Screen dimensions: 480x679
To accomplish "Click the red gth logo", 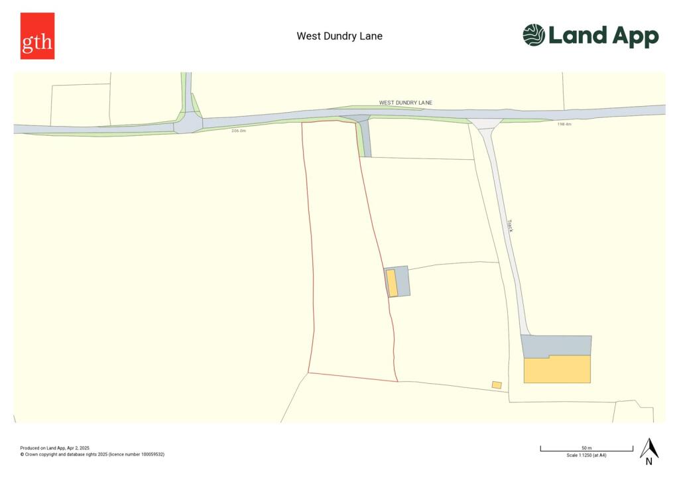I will (x=37, y=36).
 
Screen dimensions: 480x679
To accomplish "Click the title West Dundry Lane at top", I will (x=339, y=36).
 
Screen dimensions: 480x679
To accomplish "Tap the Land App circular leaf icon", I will (x=534, y=35).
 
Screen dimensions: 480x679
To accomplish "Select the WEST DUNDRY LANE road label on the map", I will (x=406, y=103).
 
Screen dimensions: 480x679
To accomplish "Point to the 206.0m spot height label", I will (x=239, y=131).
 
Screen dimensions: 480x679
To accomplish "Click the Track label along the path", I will (x=511, y=225).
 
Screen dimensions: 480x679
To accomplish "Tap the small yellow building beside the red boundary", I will (x=392, y=282).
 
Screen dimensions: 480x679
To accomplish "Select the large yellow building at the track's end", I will (x=557, y=369).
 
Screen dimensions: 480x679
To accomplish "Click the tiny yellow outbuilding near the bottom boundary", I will (x=497, y=385).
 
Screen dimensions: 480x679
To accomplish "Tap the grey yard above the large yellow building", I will (x=556, y=345).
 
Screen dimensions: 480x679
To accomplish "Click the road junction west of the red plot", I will (x=188, y=123).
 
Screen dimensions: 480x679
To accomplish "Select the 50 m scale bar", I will (x=586, y=450).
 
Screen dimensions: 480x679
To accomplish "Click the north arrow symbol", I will (x=649, y=450).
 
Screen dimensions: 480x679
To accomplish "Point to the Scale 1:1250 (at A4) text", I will (x=586, y=455).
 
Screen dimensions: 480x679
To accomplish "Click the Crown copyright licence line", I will (x=92, y=455).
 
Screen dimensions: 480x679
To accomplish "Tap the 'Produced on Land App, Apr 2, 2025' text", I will (x=54, y=448).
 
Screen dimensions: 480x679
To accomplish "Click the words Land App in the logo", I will (x=603, y=36).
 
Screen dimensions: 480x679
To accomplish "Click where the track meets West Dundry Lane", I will (x=485, y=123).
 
